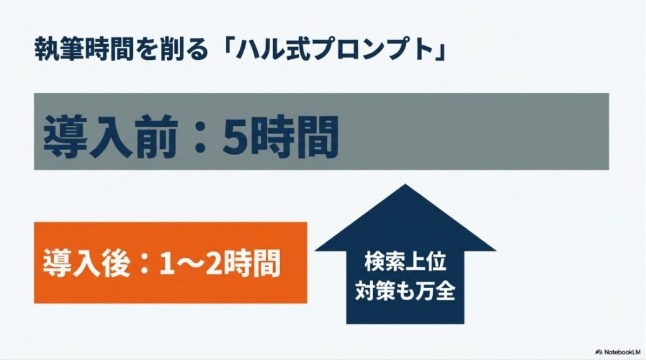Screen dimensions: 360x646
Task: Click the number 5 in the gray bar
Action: click(235, 137)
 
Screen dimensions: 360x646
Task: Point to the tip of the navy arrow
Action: click(405, 187)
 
